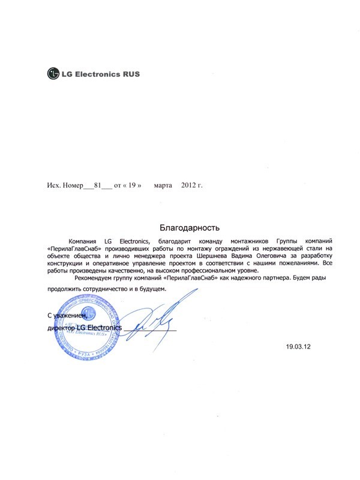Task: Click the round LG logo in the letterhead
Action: pyautogui.click(x=54, y=75)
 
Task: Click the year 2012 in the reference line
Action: pyautogui.click(x=188, y=185)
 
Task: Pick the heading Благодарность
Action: pyautogui.click(x=190, y=227)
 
